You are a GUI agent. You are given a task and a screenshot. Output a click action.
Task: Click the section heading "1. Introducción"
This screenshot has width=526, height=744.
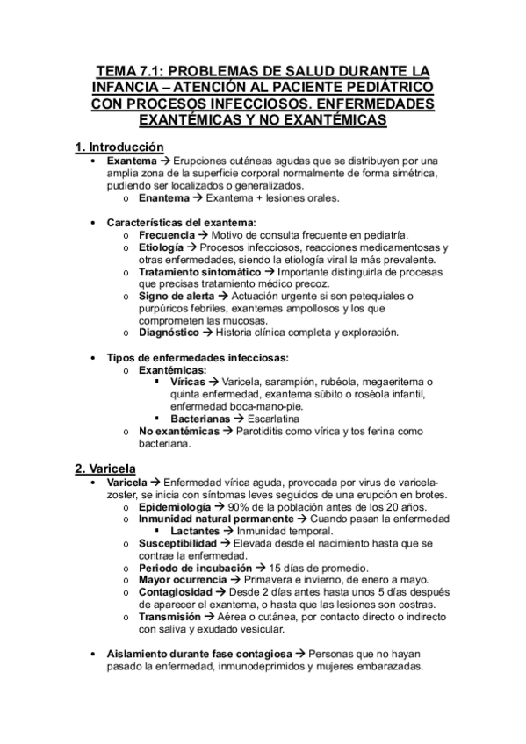[x=119, y=147]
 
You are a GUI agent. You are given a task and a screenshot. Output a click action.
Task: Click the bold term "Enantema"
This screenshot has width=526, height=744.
[x=163, y=198]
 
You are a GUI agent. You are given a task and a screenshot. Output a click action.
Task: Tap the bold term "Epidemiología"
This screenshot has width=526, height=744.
[x=175, y=507]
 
